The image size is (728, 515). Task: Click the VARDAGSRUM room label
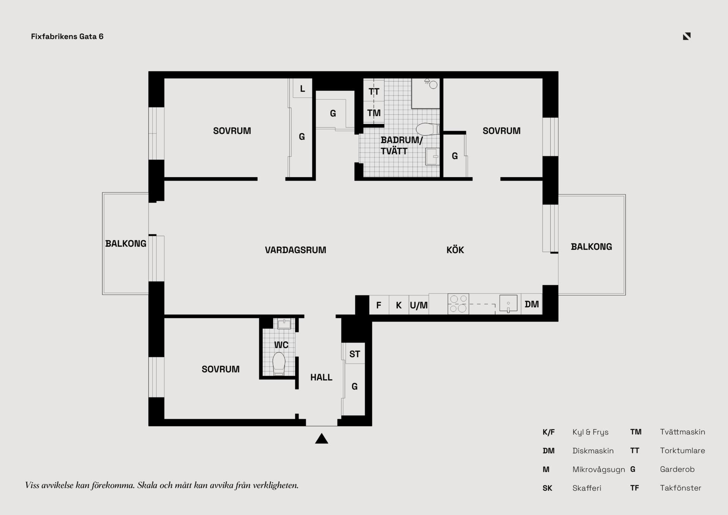tap(295, 250)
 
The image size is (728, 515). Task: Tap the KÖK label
tap(455, 250)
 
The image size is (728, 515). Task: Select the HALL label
tap(321, 377)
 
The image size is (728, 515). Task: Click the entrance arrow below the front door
tap(322, 438)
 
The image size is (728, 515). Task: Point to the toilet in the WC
tap(279, 364)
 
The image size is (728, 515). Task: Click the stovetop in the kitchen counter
tap(458, 304)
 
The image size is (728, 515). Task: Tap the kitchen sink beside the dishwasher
tap(508, 304)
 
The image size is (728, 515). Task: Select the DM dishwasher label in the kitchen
tap(532, 304)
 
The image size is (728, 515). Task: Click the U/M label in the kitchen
tap(419, 305)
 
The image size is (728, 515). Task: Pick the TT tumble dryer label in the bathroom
tap(374, 91)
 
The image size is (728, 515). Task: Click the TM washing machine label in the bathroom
tap(374, 113)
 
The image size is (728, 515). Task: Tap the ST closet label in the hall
tap(355, 354)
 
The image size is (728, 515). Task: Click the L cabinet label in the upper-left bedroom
tap(302, 89)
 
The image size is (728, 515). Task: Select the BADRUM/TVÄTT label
tap(402, 145)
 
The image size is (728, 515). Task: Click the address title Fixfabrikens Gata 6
tap(67, 36)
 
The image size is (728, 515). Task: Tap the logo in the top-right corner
tap(687, 36)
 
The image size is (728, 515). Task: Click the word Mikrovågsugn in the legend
tap(599, 469)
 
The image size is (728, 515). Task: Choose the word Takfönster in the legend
tap(681, 488)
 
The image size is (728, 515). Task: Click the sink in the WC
tap(284, 324)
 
